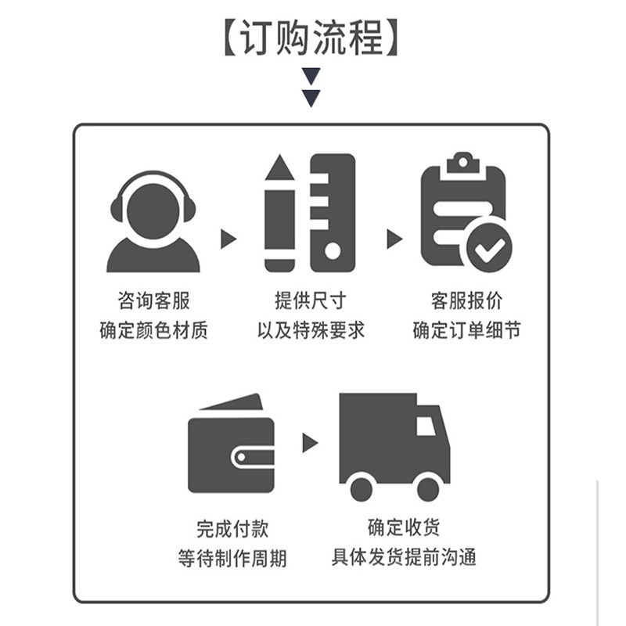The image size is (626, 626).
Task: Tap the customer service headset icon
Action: (x=153, y=221)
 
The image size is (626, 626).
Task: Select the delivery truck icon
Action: (x=394, y=446)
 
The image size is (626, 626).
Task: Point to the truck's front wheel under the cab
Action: (x=428, y=489)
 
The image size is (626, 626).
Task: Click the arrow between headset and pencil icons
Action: (x=228, y=239)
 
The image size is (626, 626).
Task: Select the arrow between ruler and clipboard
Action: (x=394, y=239)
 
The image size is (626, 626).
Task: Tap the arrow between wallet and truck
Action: (x=310, y=443)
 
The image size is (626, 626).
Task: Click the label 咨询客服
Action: (x=153, y=300)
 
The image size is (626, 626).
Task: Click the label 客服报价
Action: (x=466, y=300)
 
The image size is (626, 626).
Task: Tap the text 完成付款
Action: (x=232, y=529)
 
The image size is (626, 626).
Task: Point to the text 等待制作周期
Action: (x=232, y=558)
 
